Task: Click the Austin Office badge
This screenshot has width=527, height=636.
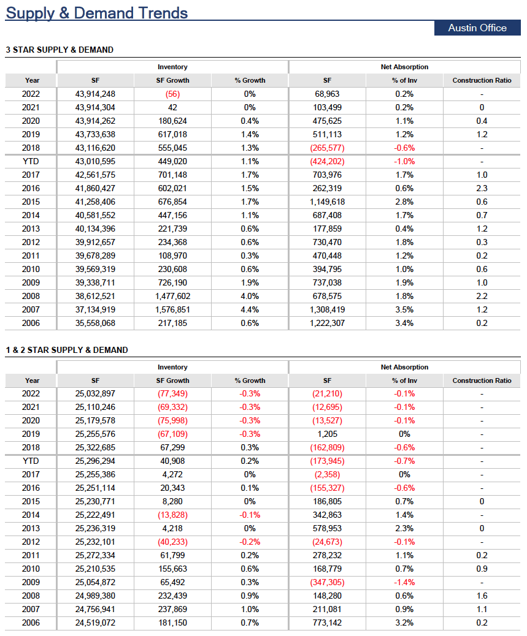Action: [477, 28]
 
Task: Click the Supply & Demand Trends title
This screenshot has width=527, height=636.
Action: [97, 13]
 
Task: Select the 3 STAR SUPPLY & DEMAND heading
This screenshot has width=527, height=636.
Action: [60, 50]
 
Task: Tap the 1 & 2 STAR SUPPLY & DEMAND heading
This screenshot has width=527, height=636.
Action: [67, 350]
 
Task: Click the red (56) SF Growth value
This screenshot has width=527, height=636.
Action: [172, 94]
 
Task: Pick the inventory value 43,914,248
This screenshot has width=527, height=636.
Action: [96, 94]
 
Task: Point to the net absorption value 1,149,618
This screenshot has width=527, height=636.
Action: [327, 202]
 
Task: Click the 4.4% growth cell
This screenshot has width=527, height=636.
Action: [250, 310]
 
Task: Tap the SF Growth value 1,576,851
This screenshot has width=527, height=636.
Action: [172, 310]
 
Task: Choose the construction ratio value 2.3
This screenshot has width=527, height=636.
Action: [482, 189]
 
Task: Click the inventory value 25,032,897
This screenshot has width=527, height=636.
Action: [96, 394]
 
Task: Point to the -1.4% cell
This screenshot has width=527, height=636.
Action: [404, 583]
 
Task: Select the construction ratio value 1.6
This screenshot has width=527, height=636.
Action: [482, 596]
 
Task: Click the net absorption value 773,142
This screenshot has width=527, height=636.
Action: [327, 623]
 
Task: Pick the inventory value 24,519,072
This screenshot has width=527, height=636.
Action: [96, 623]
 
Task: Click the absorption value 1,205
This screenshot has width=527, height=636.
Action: [327, 434]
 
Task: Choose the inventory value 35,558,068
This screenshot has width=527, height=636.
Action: [96, 324]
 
